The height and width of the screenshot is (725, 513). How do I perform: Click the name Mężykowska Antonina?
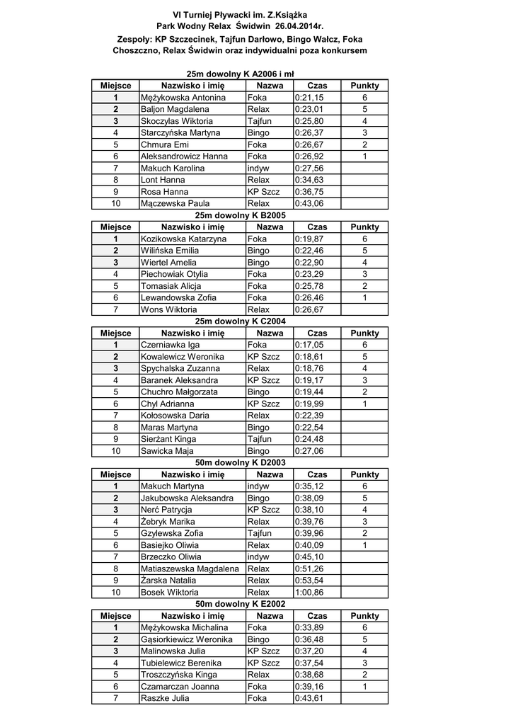coord(183,98)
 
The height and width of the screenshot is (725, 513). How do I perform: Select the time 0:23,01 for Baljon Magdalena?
coord(309,109)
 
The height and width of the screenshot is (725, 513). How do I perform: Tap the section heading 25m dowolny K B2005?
coord(241,215)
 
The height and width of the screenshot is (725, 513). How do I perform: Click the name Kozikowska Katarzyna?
coord(184,239)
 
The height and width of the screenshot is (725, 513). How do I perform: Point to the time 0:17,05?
coord(309,345)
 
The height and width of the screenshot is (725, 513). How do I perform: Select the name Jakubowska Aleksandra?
coord(187,498)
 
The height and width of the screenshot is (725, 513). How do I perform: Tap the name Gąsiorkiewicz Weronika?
coord(187,639)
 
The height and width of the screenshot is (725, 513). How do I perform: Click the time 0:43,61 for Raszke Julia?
coord(309,698)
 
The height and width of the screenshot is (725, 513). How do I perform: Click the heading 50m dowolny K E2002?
coord(241,604)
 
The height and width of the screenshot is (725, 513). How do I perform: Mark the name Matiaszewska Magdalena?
coord(190,569)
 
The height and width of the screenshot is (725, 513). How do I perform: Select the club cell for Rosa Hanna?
coord(264,192)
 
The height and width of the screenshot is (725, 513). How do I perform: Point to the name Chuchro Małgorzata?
coord(179,392)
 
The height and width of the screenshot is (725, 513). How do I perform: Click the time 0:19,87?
coord(309,239)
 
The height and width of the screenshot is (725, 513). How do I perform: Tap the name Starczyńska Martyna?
coord(180,133)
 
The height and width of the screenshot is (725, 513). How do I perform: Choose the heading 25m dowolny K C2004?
coord(241,321)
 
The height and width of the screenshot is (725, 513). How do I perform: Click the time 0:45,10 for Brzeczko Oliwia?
coord(309,556)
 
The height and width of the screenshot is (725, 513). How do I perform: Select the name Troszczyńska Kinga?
coord(179,675)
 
